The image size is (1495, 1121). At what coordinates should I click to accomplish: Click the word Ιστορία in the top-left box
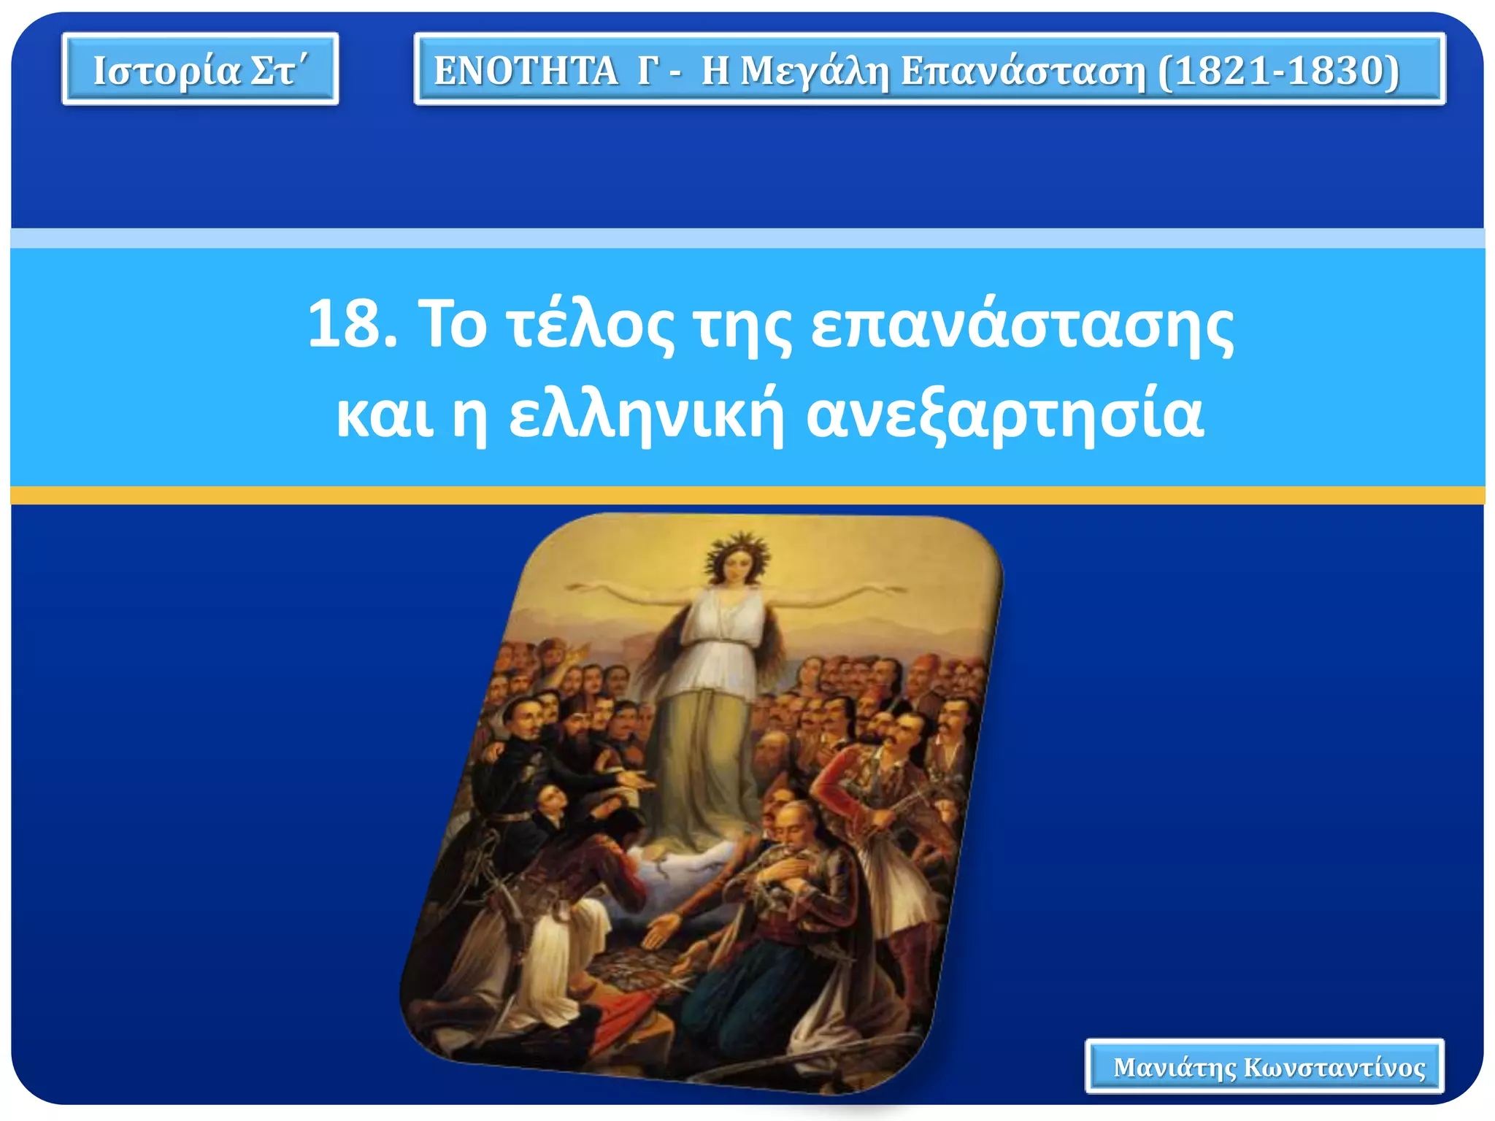166,71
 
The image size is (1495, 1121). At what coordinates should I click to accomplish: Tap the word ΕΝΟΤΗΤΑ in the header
526,72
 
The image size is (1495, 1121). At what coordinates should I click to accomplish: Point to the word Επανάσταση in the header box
1023,72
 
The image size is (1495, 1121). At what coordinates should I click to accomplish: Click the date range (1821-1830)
1278,72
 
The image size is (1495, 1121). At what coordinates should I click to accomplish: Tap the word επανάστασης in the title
1022,325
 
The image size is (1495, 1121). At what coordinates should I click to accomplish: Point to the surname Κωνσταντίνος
1334,1068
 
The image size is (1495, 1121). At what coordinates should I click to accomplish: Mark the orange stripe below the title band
747,496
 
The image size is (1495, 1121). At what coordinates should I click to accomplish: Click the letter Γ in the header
645,72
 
